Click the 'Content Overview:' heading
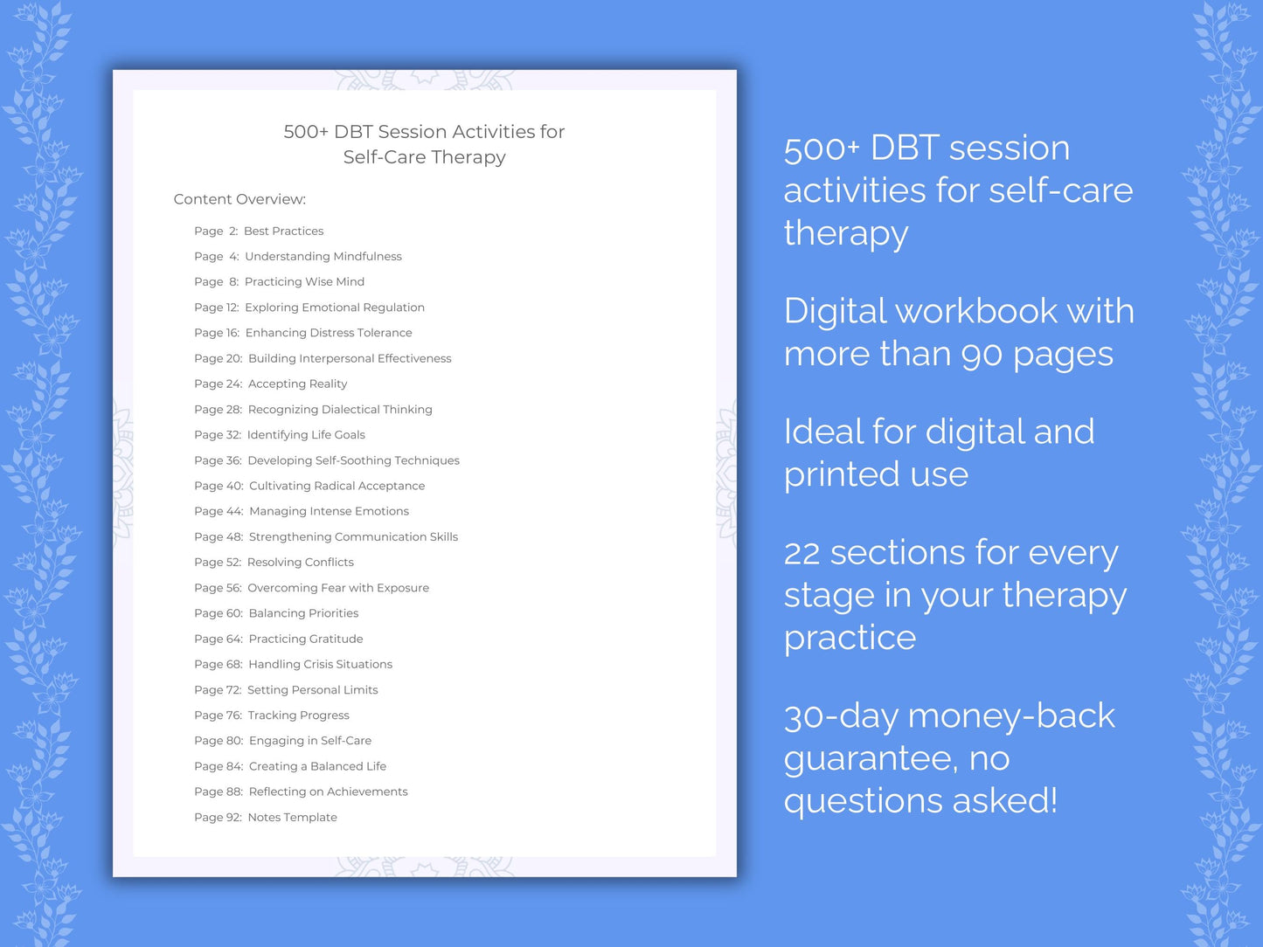(x=239, y=199)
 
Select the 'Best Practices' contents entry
(x=283, y=231)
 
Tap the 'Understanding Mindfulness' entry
(x=323, y=256)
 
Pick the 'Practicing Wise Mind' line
(x=304, y=281)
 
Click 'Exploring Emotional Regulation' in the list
(x=334, y=308)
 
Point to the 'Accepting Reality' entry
(x=297, y=384)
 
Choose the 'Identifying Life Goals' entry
(x=306, y=435)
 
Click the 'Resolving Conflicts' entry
(x=300, y=563)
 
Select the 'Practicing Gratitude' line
(x=305, y=639)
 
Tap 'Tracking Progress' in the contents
(x=298, y=715)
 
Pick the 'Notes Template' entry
(x=292, y=818)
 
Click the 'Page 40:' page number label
(x=219, y=486)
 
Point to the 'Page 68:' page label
(x=219, y=664)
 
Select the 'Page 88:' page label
(x=219, y=791)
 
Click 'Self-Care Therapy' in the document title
(x=424, y=157)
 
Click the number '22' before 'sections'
(x=802, y=553)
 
